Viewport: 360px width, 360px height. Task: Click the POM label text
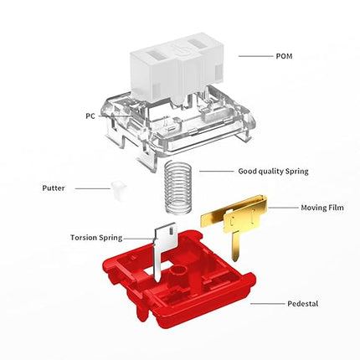(284, 56)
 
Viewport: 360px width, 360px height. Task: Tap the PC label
(90, 116)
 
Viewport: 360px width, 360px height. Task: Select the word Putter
(54, 188)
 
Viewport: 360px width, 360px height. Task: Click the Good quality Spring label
(273, 172)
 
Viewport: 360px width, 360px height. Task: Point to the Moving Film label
(322, 208)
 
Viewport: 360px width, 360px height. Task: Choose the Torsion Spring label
(96, 238)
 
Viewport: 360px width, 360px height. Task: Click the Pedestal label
(303, 303)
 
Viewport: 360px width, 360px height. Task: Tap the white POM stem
(177, 67)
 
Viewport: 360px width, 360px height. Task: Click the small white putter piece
(119, 190)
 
